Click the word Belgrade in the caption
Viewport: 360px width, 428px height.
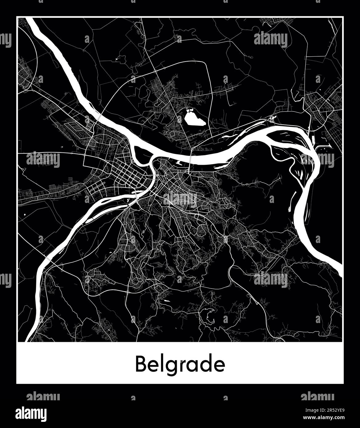click(180, 364)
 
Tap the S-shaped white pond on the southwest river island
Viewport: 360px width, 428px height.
click(127, 201)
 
